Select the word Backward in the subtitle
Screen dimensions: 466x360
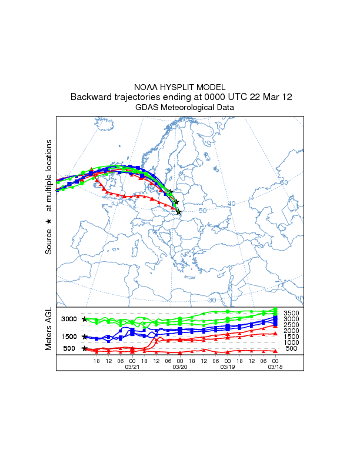coord(92,97)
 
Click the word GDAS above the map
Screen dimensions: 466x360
coord(148,108)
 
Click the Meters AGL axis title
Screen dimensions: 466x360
coord(49,330)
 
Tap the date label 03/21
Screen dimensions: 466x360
coord(132,367)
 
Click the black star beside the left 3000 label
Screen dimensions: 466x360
coord(85,319)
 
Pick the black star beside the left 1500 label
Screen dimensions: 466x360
coord(85,337)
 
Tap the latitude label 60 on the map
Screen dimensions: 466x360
coord(284,183)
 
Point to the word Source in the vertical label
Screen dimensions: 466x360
coord(49,242)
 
